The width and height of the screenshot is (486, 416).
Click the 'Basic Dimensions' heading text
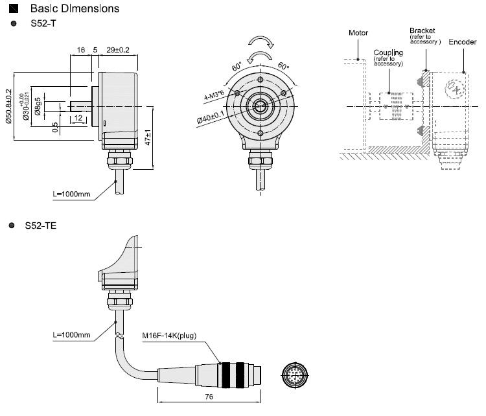point(75,10)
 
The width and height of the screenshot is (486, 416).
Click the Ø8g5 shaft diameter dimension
point(38,106)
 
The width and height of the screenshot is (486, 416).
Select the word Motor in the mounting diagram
point(358,32)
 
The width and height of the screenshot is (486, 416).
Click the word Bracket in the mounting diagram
point(422,30)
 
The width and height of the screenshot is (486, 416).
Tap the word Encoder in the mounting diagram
point(463,41)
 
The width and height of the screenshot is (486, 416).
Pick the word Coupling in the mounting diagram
point(388,52)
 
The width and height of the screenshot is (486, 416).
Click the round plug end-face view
point(295,375)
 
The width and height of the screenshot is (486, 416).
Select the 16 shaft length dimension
point(81,49)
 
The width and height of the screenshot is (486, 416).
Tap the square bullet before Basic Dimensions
point(14,10)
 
